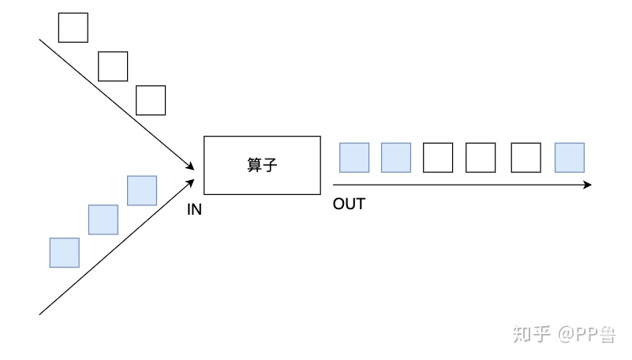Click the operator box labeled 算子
pyautogui.click(x=262, y=165)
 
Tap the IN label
pyautogui.click(x=195, y=209)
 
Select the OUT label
pyautogui.click(x=349, y=204)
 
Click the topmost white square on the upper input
pyautogui.click(x=73, y=28)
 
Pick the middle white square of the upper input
pyautogui.click(x=113, y=66)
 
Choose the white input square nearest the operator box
pyautogui.click(x=151, y=100)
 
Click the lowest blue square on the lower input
pyautogui.click(x=64, y=253)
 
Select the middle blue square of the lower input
pyautogui.click(x=103, y=219)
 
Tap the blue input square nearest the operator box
pyautogui.click(x=142, y=190)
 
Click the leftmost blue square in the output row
pyautogui.click(x=354, y=158)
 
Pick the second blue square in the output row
pyautogui.click(x=396, y=158)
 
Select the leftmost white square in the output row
pyautogui.click(x=438, y=158)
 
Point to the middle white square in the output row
pyautogui.click(x=481, y=158)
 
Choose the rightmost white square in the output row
pyautogui.click(x=525, y=158)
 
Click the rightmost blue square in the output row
pyautogui.click(x=570, y=158)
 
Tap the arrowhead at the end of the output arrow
pyautogui.click(x=587, y=185)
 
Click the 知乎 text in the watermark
pyautogui.click(x=530, y=335)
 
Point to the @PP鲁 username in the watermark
pyautogui.click(x=587, y=335)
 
